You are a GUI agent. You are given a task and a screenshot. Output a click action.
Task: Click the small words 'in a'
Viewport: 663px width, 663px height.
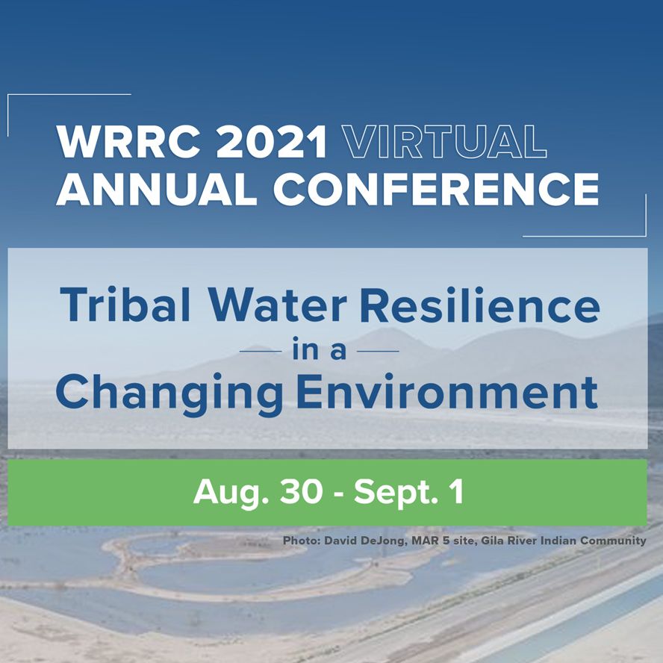pyautogui.click(x=320, y=350)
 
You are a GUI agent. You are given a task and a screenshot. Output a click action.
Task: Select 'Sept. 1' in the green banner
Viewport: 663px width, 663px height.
pyautogui.click(x=408, y=492)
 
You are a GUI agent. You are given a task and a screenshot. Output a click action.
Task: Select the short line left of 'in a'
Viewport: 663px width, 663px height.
pyautogui.click(x=260, y=350)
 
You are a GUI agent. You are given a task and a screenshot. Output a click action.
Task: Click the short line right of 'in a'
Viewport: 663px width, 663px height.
pyautogui.click(x=379, y=350)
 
